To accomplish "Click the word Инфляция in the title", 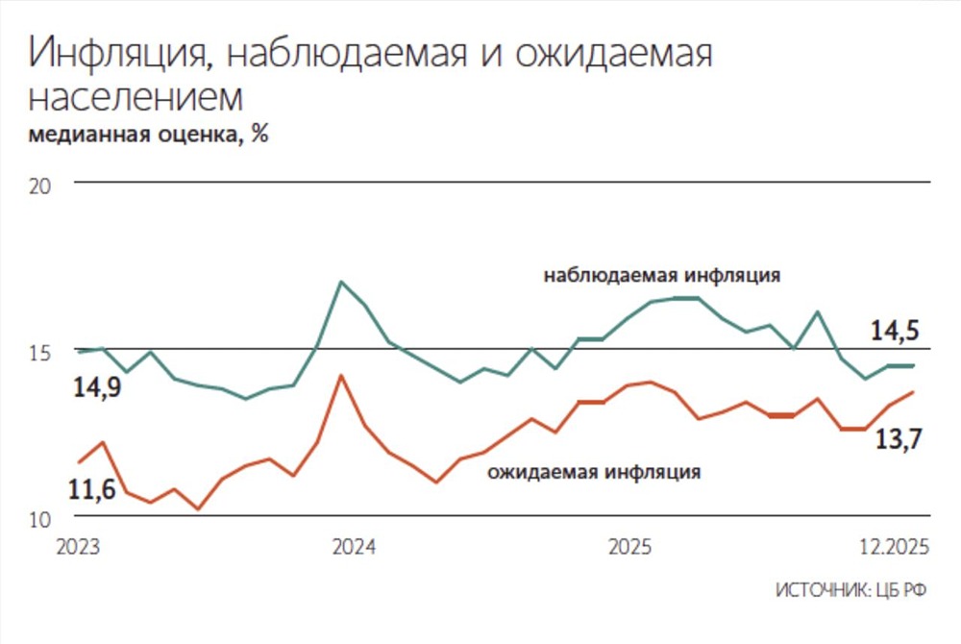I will point(114,55).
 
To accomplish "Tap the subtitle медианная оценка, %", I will point(149,135).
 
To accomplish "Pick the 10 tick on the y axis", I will point(40,520).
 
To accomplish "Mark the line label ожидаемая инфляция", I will point(593,472).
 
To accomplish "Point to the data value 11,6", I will point(91,489).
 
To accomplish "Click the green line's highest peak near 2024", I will point(341,282).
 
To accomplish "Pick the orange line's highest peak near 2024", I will point(340,375).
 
